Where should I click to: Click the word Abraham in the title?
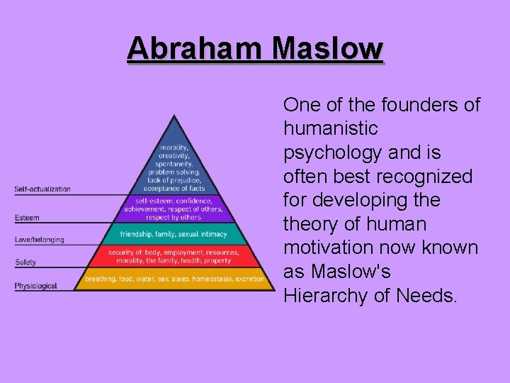[196, 49]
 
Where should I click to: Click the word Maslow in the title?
[327, 49]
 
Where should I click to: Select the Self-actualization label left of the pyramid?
[42, 189]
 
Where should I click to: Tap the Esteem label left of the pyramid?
[27, 218]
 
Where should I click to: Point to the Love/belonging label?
[39, 240]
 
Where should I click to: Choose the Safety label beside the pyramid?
[25, 262]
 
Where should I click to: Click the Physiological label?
[35, 286]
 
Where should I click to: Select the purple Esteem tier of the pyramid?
[174, 209]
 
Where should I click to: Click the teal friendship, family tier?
[174, 234]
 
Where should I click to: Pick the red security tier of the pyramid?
[174, 256]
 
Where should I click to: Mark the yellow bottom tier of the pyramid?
[174, 279]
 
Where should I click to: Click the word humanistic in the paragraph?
[330, 129]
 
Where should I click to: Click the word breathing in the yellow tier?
[100, 279]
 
